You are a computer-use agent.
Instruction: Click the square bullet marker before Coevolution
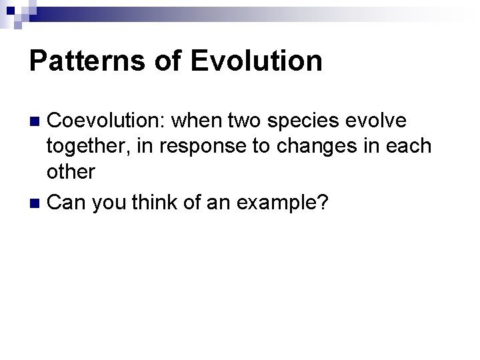pos(37,122)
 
